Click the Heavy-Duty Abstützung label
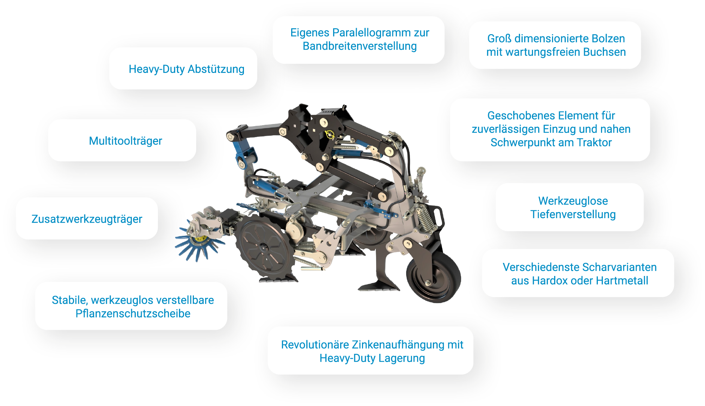[x=186, y=69]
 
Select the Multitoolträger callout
[x=125, y=141]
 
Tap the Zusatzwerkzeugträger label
[x=87, y=219]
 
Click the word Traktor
[x=594, y=142]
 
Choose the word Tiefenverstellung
[x=573, y=214]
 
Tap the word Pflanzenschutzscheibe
[x=133, y=313]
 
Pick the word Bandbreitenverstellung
[x=360, y=46]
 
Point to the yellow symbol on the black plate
[x=330, y=135]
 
